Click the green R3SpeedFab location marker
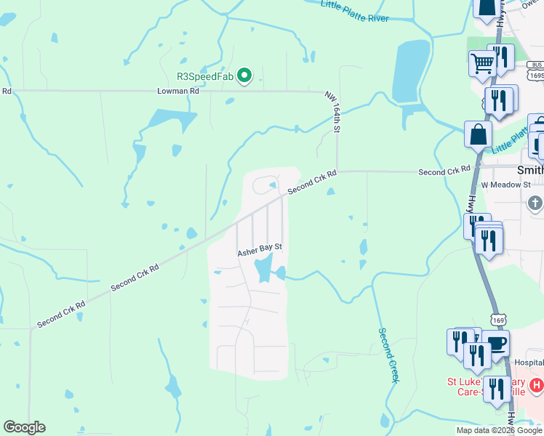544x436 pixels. [245, 75]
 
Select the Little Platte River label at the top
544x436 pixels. [355, 11]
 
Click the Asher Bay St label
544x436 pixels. [260, 249]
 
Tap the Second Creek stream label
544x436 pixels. [389, 355]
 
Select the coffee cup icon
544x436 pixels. [496, 344]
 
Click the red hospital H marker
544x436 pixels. [536, 384]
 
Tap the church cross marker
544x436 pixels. [535, 202]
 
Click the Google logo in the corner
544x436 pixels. [24, 427]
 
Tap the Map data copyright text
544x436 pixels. [499, 430]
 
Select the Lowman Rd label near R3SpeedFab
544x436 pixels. [178, 92]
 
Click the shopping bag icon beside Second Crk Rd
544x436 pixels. [479, 134]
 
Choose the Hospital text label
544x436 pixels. [529, 362]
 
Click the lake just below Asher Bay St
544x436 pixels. [263, 271]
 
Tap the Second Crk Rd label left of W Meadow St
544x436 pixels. [444, 171]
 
